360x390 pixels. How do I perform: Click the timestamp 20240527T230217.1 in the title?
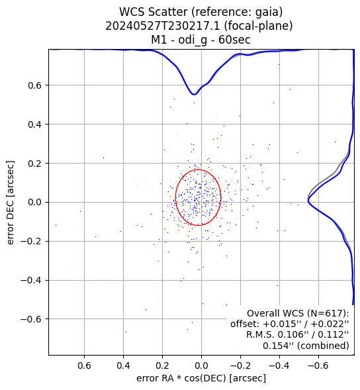click(x=163, y=26)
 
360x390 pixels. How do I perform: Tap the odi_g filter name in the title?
click(x=192, y=40)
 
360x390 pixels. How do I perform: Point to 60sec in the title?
click(x=234, y=40)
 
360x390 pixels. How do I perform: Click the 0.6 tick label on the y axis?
click(x=34, y=85)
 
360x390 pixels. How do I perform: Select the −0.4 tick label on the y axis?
click(x=31, y=280)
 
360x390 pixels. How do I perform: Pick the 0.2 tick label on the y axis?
click(x=34, y=164)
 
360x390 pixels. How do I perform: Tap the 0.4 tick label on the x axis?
click(x=123, y=366)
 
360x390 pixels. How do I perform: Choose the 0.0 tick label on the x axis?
click(x=201, y=366)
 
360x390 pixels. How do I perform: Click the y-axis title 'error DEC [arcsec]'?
click(x=11, y=203)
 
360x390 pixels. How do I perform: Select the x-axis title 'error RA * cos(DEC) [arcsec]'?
click(x=201, y=378)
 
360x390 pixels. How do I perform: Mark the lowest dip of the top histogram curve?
click(x=194, y=95)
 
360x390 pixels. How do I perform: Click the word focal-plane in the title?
click(x=257, y=26)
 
